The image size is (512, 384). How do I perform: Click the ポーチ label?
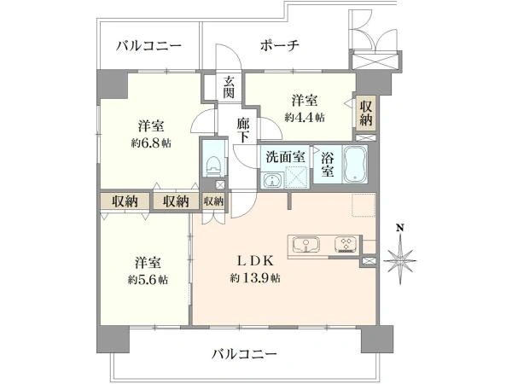pos(280,45)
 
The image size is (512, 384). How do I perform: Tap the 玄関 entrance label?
pos(229,87)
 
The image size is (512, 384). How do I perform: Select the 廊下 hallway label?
pos(243,131)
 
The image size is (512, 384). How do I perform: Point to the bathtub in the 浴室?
pos(355,164)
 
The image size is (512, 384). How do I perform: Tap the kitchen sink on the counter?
pos(306,245)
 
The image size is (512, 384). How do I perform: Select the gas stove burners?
pos(346,245)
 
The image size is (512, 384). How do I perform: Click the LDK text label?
pos(254,261)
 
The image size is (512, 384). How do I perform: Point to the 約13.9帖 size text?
pos(254,278)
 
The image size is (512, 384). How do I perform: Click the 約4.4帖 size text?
pos(305,117)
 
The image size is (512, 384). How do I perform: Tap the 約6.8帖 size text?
pos(151,143)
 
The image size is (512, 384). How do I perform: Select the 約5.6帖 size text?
pos(148,280)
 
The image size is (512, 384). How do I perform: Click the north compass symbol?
pos(400,261)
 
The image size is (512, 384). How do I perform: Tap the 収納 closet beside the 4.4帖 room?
pos(366,113)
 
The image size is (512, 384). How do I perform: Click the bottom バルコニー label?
pos(245,353)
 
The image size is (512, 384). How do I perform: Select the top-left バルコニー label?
pos(148,46)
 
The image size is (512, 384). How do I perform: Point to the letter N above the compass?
pos(399,227)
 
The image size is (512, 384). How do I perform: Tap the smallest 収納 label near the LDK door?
pos(213,201)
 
